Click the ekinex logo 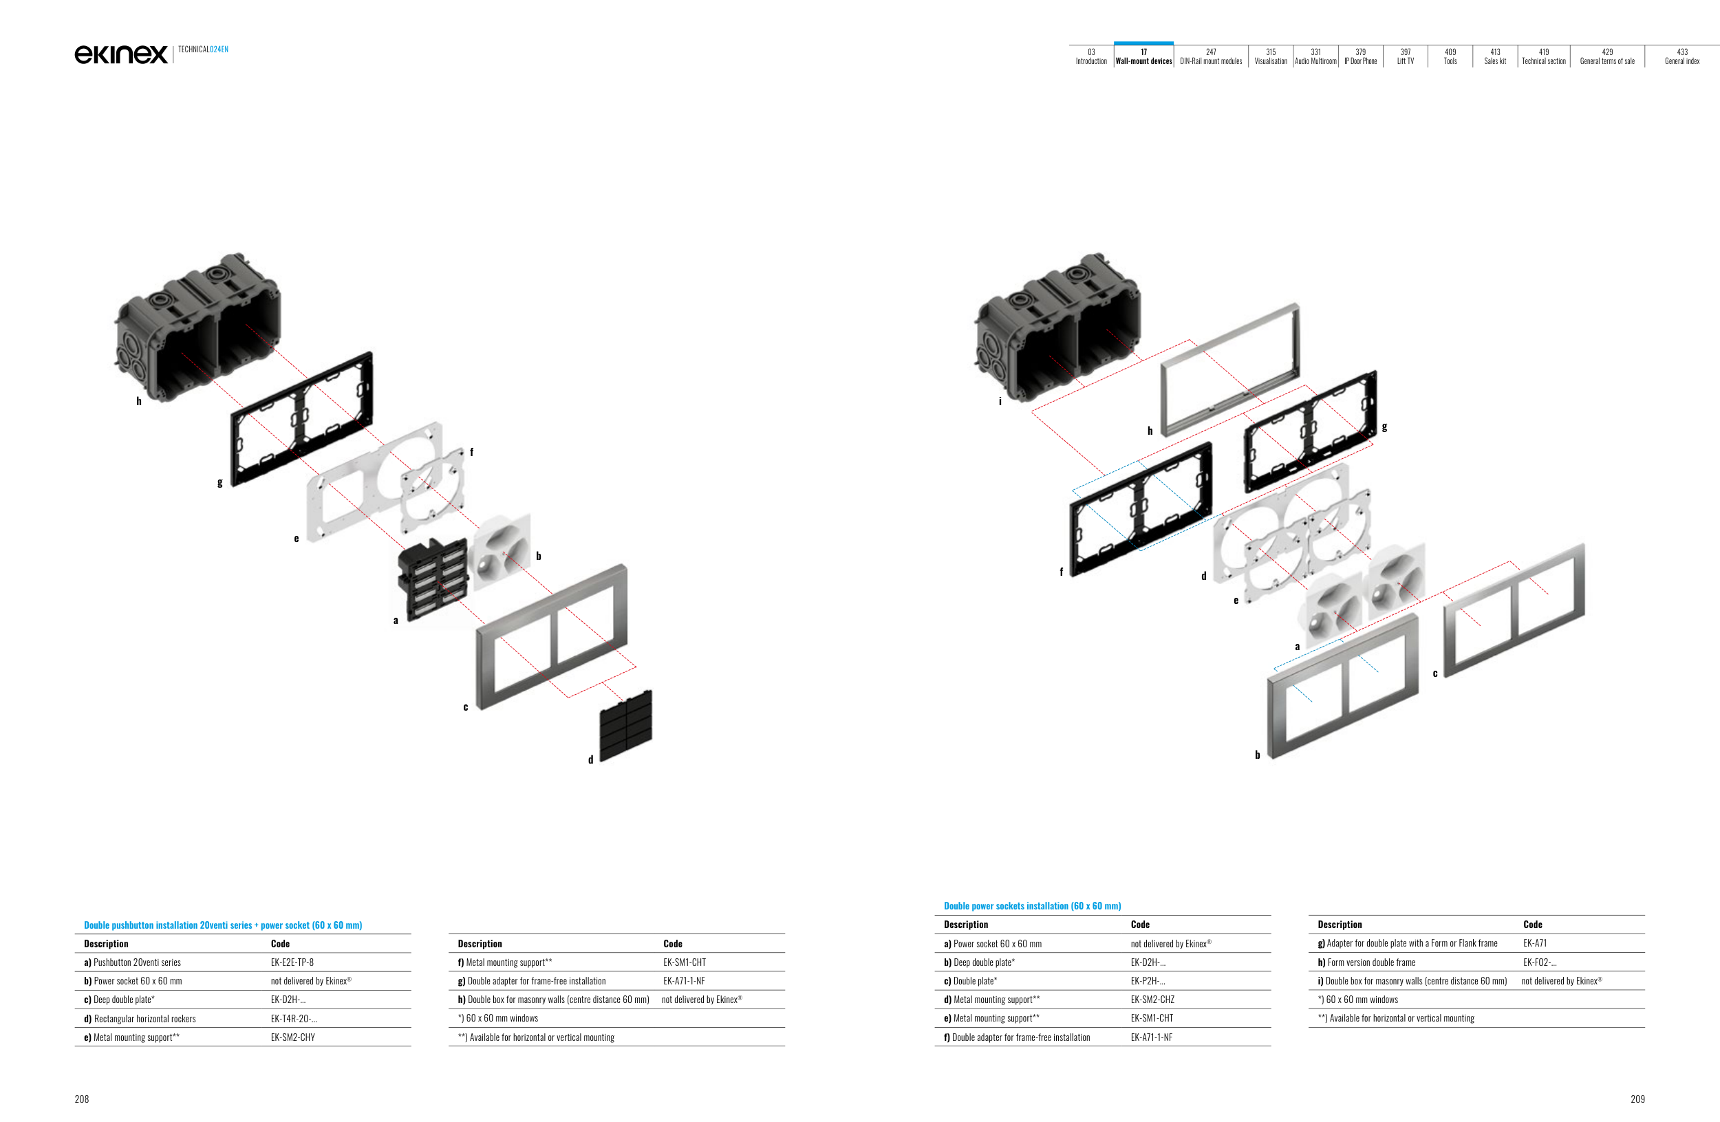120,54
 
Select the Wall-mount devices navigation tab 1143,56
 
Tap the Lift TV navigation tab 1405,56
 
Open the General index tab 1681,56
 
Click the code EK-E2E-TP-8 292,962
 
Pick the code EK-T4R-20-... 293,1019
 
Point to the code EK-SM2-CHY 292,1037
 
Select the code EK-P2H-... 1148,981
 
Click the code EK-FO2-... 1539,962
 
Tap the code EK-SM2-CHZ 1152,1000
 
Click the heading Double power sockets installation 1032,906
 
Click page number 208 82,1099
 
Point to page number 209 1637,1099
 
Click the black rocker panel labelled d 626,725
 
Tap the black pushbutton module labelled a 432,577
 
